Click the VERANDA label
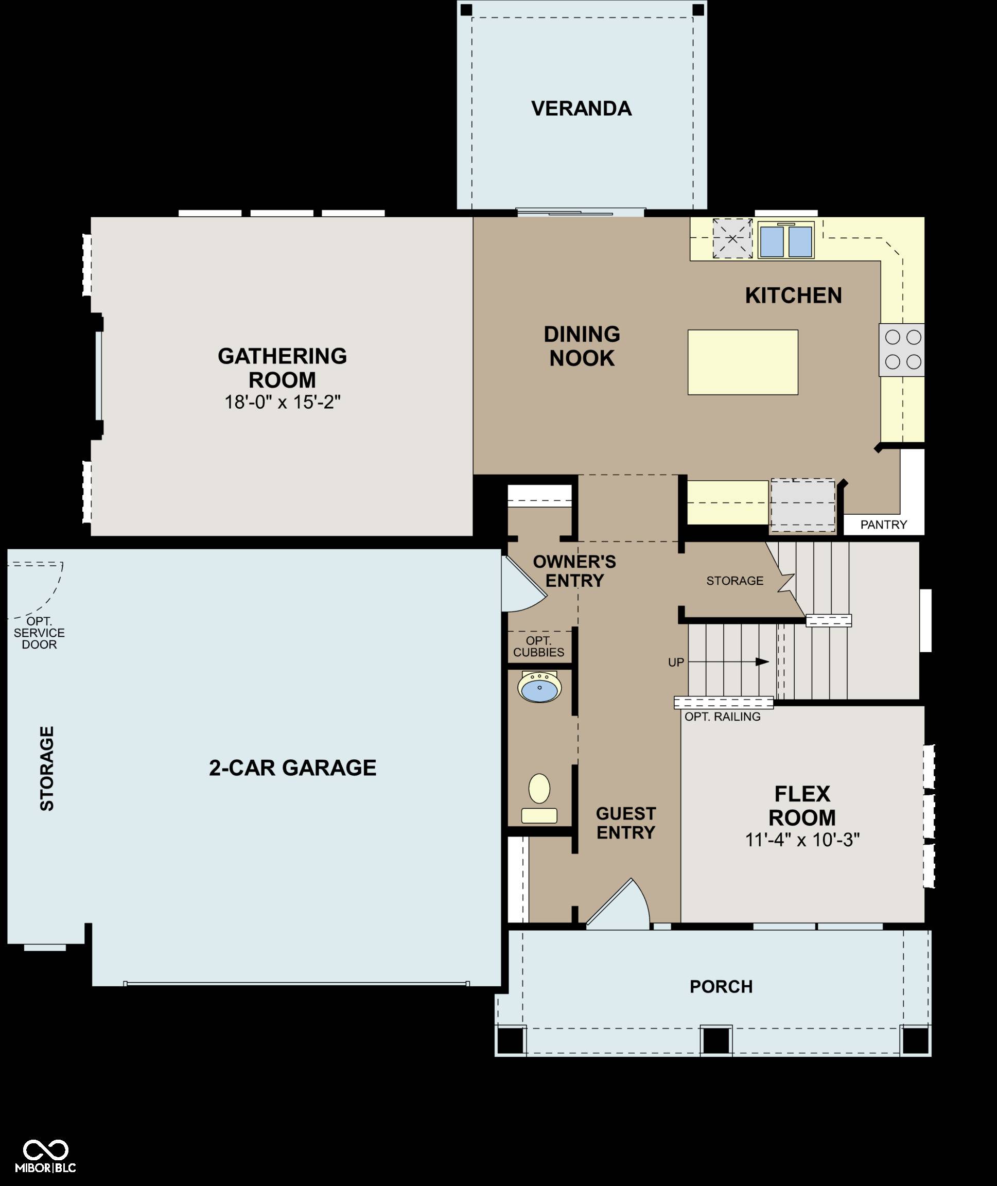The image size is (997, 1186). [x=581, y=109]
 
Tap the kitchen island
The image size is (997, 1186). [x=743, y=362]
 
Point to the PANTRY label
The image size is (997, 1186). [x=883, y=525]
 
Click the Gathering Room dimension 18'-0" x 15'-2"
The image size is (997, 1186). [x=283, y=402]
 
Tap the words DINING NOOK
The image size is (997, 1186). [x=582, y=346]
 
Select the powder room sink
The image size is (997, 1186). [x=540, y=687]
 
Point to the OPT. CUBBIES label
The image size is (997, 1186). [x=538, y=646]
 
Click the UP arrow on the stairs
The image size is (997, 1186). [x=729, y=661]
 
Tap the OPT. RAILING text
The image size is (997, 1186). [x=722, y=717]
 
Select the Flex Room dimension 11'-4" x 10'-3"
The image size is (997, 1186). [x=802, y=840]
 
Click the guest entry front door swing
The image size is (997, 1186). [x=619, y=903]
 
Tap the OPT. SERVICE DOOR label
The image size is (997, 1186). [x=39, y=633]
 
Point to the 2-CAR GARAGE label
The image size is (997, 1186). [x=293, y=768]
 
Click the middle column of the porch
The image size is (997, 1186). [x=716, y=1040]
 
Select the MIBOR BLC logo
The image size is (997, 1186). [x=45, y=1157]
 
